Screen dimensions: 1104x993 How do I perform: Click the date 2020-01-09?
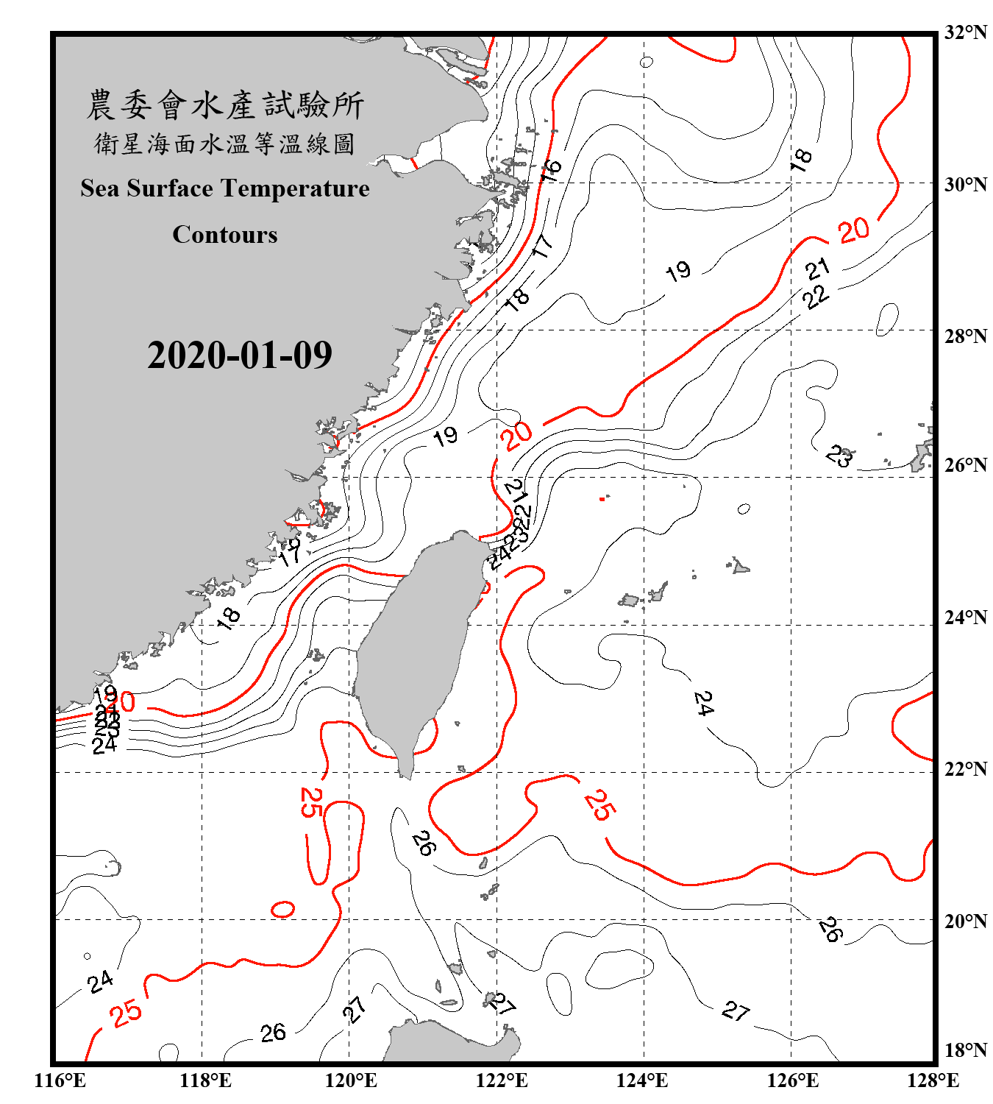tap(240, 355)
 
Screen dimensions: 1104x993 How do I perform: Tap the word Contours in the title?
tap(225, 235)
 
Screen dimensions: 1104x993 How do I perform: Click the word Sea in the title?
tap(101, 188)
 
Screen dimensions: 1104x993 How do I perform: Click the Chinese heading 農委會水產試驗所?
tap(225, 105)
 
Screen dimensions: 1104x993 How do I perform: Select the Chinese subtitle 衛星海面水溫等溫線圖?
tap(225, 144)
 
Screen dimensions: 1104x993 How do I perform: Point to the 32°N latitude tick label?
tap(966, 32)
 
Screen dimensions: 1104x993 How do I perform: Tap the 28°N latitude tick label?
tap(966, 336)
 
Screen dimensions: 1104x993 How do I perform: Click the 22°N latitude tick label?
tap(966, 769)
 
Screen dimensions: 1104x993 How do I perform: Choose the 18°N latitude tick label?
tap(966, 1050)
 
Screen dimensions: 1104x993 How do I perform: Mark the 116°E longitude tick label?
tap(60, 1080)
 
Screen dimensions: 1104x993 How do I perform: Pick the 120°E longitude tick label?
tap(351, 1080)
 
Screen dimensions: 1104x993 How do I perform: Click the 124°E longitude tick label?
tap(642, 1080)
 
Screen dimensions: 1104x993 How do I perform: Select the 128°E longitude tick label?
tap(933, 1080)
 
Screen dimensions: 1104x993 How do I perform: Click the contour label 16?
tap(550, 170)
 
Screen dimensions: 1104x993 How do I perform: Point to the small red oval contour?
tap(283, 909)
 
